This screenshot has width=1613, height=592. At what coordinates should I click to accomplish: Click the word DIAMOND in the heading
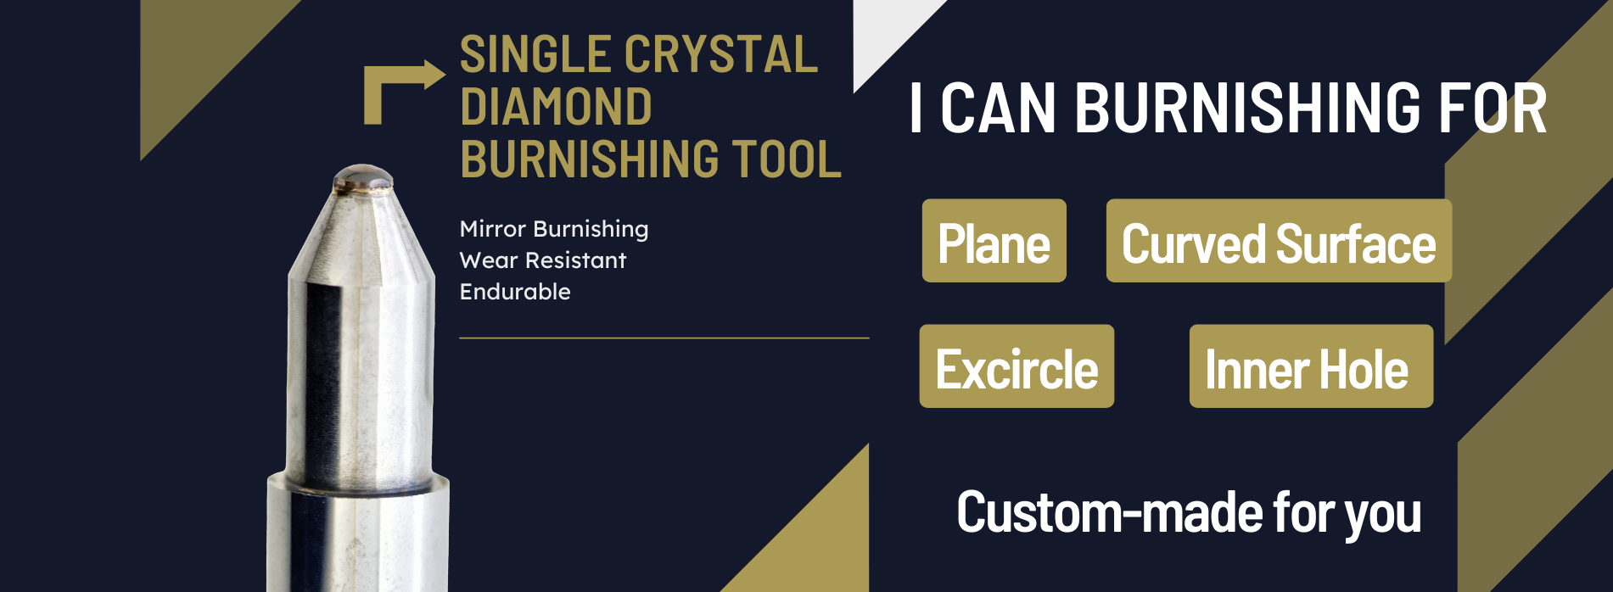(556, 107)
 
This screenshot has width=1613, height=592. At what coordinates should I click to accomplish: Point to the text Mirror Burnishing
(554, 229)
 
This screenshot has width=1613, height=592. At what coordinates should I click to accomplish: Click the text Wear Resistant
(543, 260)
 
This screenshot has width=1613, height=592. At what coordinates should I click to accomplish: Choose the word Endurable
(515, 292)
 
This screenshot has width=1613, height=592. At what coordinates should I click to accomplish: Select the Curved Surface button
(1279, 241)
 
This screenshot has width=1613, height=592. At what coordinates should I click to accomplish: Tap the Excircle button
(1017, 366)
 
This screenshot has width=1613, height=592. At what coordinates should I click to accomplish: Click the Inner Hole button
(1311, 366)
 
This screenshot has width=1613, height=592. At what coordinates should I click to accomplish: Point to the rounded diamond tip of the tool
(363, 176)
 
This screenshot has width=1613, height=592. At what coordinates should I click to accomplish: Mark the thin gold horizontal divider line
(664, 338)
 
